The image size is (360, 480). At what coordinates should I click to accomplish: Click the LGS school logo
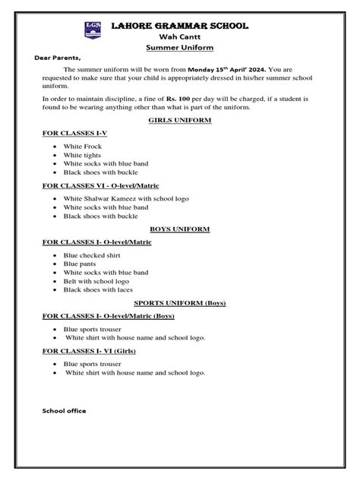[x=94, y=31]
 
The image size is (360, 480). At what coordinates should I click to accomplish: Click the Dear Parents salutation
[x=58, y=58]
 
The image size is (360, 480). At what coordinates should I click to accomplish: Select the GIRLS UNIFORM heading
[x=180, y=120]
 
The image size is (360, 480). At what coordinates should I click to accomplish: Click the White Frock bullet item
[x=82, y=146]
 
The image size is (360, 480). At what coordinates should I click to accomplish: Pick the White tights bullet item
[x=83, y=155]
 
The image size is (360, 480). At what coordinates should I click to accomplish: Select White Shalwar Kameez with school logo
[x=126, y=198]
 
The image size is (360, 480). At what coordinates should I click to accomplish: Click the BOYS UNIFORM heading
[x=180, y=229]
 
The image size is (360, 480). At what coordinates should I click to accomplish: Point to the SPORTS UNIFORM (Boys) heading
[x=180, y=302]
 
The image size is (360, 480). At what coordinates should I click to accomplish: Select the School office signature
[x=64, y=411]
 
